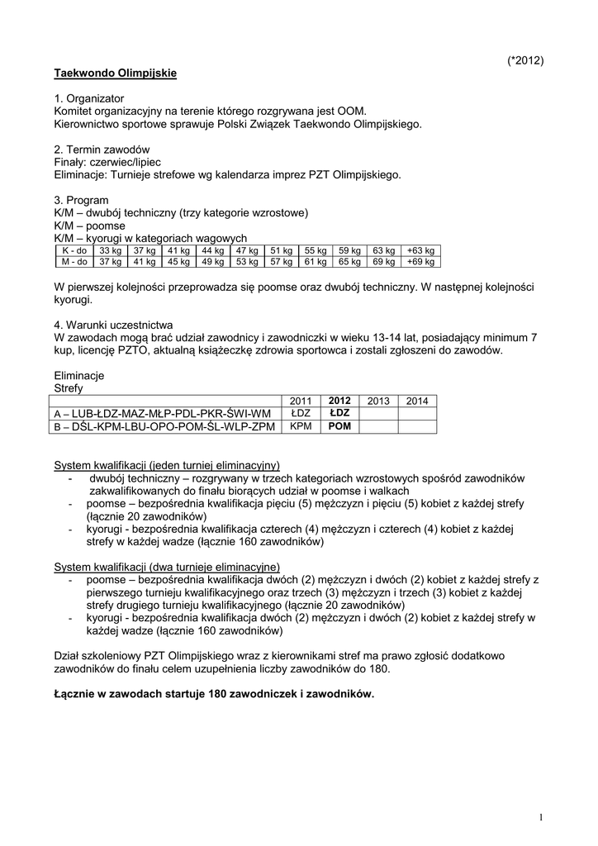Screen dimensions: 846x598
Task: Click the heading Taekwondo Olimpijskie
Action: pos(116,74)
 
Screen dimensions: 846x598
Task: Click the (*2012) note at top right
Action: pos(524,61)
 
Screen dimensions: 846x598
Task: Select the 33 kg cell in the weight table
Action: pos(110,250)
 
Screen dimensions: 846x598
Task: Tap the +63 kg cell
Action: pos(422,250)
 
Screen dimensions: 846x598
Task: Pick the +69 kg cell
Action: pos(422,262)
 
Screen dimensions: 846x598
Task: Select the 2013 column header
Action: pos(378,401)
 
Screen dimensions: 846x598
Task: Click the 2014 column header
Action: pos(417,401)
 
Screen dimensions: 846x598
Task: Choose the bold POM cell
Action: pos(339,426)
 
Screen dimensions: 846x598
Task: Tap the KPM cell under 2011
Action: pos(301,426)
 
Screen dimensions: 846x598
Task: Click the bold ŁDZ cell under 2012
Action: pos(339,412)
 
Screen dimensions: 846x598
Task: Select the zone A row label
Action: pos(162,413)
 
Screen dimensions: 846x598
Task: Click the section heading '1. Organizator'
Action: pos(89,98)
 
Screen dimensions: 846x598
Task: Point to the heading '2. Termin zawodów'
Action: pos(102,150)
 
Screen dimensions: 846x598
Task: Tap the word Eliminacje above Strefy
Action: pos(79,374)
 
